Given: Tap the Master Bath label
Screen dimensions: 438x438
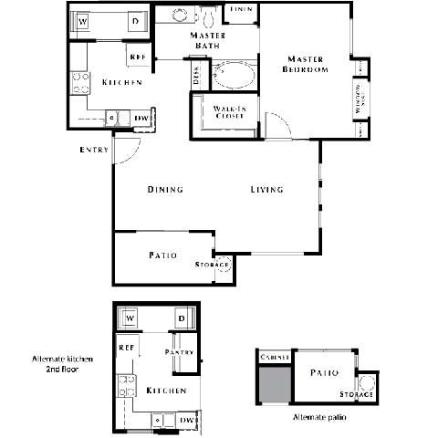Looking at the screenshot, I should [207, 41].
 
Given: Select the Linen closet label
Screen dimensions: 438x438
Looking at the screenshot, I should [241, 9].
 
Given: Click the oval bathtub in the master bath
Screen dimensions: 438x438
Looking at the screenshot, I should [236, 74].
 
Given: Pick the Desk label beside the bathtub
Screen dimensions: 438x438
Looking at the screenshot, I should [195, 75].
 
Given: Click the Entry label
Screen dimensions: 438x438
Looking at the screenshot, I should [95, 150].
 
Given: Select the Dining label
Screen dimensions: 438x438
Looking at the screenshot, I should [165, 190].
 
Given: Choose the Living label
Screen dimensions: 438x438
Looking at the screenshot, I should [267, 190].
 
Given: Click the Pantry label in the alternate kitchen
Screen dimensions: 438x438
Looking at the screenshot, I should [181, 351].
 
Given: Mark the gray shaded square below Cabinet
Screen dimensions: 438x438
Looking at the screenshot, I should [273, 384].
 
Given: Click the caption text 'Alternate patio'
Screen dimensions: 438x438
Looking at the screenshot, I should [318, 417].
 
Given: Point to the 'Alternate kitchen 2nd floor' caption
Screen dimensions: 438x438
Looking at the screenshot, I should [57, 364].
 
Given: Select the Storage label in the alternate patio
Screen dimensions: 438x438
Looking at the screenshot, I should [355, 394].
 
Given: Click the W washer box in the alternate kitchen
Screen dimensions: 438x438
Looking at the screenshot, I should [130, 318].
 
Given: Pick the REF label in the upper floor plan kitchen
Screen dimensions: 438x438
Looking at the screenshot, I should [139, 57].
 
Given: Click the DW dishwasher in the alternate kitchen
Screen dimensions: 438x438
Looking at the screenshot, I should [185, 420].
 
